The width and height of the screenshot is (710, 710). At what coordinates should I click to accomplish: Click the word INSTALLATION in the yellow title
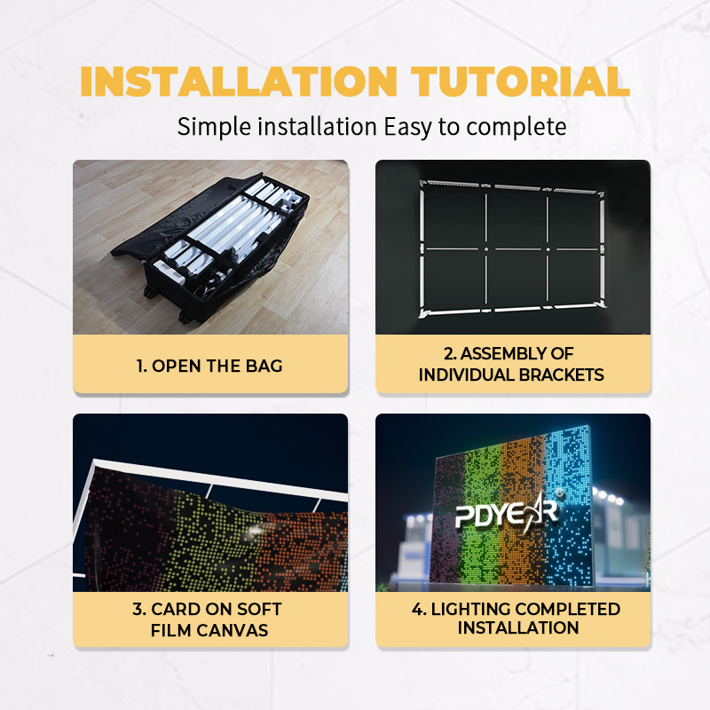pyautogui.click(x=239, y=82)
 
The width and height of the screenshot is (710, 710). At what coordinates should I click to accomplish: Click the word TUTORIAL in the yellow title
pyautogui.click(x=520, y=82)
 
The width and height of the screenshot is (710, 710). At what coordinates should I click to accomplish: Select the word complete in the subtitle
pyautogui.click(x=517, y=127)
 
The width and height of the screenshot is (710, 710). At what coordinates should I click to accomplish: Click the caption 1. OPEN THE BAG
pyautogui.click(x=209, y=366)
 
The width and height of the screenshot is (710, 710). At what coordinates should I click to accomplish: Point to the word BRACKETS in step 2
pyautogui.click(x=561, y=375)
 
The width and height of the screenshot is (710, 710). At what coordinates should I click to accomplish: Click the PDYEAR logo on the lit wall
pyautogui.click(x=507, y=514)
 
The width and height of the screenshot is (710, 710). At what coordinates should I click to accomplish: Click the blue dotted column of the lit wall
pyautogui.click(x=567, y=507)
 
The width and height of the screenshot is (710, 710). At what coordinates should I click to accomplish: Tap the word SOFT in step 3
pyautogui.click(x=259, y=610)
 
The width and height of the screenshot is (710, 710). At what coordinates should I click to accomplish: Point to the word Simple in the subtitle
pyautogui.click(x=214, y=127)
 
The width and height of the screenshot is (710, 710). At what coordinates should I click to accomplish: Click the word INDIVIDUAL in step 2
pyautogui.click(x=467, y=375)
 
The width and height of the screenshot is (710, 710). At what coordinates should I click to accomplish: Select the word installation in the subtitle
pyautogui.click(x=318, y=127)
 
